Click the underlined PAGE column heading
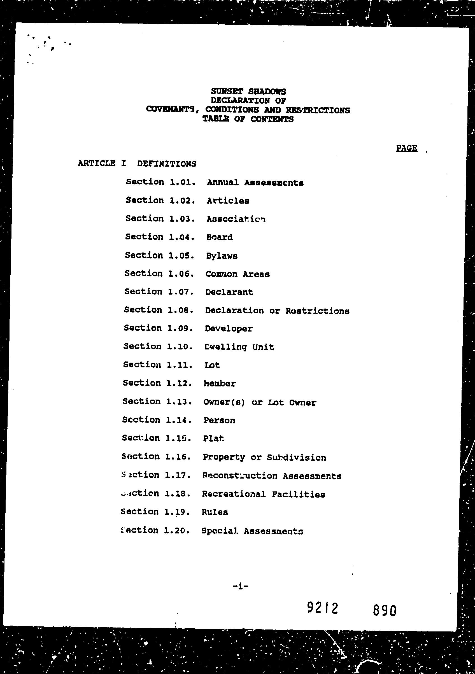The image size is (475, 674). pos(406,148)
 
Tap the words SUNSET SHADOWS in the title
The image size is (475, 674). pos(248,92)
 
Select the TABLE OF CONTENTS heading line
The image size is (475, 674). pos(248,119)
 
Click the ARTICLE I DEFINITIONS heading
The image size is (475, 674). pos(137,164)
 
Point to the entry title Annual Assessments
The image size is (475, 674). pos(255,183)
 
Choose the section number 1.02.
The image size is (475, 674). pos(182,200)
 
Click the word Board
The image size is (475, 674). pos(219,237)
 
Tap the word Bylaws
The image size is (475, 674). pos(222,256)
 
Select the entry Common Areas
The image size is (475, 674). pos(237,274)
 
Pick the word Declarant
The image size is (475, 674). pos(229,292)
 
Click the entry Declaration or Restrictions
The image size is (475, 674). pos(277,311)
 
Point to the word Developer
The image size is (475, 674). pos(229,328)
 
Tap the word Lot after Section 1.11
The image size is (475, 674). pos(212,365)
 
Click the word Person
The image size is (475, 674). pos(219,420)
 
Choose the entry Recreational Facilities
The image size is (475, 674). pos(263,494)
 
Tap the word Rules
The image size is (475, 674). pos(215,512)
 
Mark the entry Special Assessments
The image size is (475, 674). pos(252,531)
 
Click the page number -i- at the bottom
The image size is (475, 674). pos(240,587)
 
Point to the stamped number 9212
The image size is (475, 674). pos(322,607)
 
